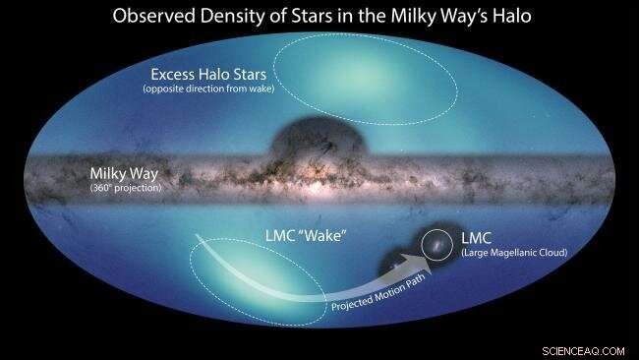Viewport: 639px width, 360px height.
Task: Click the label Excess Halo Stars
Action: pyautogui.click(x=209, y=75)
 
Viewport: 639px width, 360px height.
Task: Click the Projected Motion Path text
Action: pyautogui.click(x=383, y=298)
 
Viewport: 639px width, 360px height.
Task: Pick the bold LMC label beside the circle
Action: pyautogui.click(x=476, y=238)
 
